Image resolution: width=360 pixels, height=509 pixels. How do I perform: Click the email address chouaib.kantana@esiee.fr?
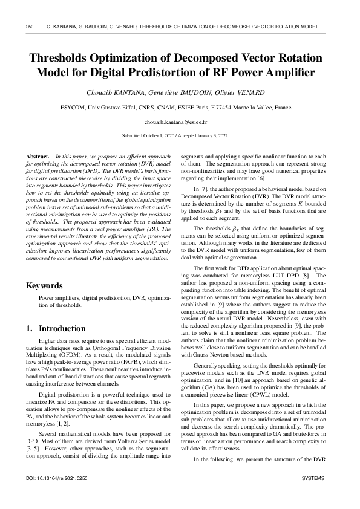coord(180,122)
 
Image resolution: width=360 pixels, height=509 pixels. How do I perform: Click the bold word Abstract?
coord(39,156)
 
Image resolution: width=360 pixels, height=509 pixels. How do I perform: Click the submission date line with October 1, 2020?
coord(180,136)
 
